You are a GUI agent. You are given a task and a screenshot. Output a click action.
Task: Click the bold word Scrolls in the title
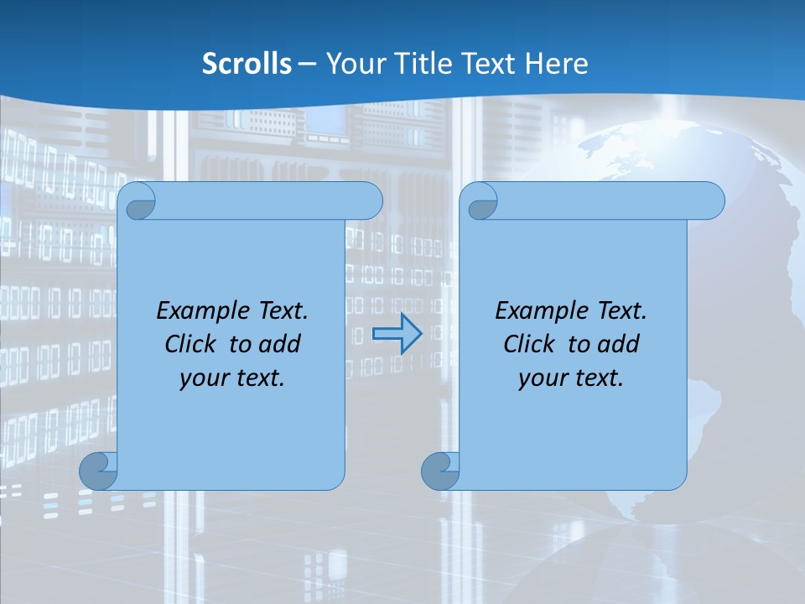[247, 64]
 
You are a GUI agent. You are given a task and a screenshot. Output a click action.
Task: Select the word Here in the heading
[556, 64]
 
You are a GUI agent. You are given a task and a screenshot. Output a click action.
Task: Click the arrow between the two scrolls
[397, 334]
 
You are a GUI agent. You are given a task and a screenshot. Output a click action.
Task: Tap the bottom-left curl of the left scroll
[99, 471]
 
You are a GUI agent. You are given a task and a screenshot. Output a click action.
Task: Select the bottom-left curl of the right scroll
[440, 471]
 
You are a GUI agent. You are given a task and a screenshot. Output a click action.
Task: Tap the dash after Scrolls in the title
[307, 64]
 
